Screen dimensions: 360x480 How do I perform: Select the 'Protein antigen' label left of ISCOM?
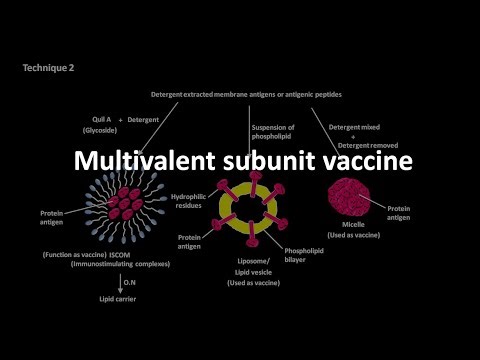(x=51, y=217)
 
